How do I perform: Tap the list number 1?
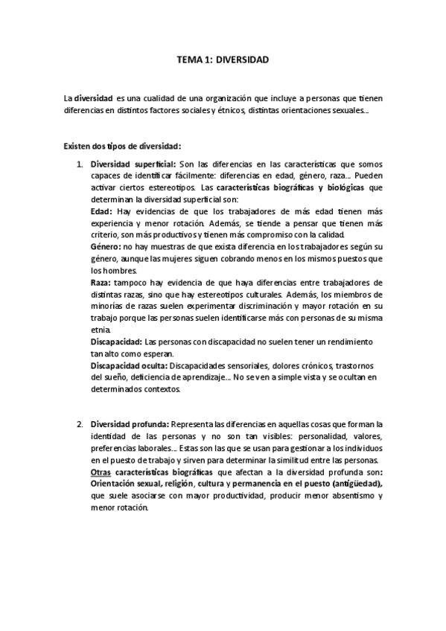tap(80, 164)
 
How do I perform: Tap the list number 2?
tap(80, 424)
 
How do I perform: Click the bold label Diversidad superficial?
tap(133, 164)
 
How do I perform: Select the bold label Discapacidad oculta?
tap(130, 366)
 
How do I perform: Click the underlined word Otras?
tap(101, 472)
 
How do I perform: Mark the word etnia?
tap(100, 330)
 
